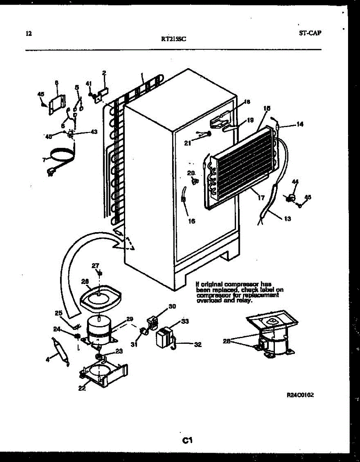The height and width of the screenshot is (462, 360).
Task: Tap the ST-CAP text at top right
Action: coord(310,33)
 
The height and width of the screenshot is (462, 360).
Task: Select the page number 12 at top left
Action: coord(28,33)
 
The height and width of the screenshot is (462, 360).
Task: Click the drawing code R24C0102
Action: coord(298,395)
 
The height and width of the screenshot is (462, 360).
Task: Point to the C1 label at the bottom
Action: coord(188,440)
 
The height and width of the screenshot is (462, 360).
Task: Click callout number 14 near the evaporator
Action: coord(300,124)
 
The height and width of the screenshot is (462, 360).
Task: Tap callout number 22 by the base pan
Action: coord(82,388)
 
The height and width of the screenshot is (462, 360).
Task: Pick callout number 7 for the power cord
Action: coord(44,159)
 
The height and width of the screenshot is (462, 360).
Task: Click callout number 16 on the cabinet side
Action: coord(191,221)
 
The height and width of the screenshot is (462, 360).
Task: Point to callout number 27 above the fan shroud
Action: coord(95,266)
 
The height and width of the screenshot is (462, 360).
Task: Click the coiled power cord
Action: coord(60,156)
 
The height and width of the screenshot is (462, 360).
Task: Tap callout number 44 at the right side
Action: coord(295,181)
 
